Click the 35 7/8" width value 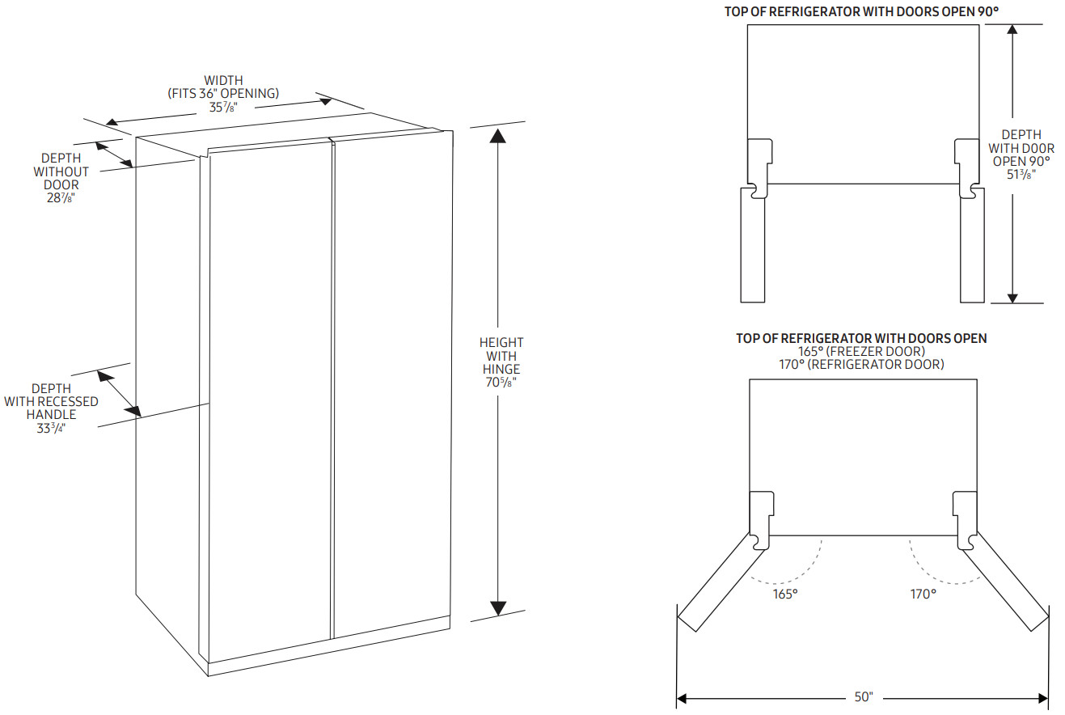point(223,107)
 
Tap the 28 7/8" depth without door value point(61,198)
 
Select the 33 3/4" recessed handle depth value point(51,428)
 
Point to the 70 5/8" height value point(501,383)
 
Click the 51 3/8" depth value point(1021,174)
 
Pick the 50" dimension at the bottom point(863,697)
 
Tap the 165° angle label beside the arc point(784,594)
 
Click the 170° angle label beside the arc point(923,594)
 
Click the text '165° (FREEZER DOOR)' point(861,352)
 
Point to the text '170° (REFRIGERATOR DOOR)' point(861,365)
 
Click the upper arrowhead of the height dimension point(498,136)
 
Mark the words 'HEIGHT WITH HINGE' point(501,356)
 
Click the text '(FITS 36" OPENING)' point(223,93)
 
